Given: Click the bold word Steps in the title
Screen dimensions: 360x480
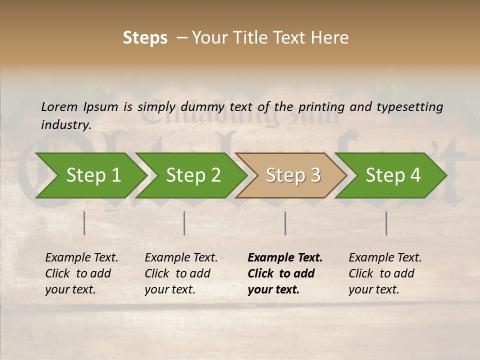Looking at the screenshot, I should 145,38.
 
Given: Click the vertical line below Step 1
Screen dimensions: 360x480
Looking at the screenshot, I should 84,223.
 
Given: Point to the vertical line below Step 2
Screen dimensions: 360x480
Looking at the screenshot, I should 184,223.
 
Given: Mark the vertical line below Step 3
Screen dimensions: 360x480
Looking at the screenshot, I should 285,223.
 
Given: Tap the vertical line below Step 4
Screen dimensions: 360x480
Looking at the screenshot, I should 386,223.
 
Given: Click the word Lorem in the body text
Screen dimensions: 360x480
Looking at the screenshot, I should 59,106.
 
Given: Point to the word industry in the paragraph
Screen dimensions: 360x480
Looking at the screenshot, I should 65,124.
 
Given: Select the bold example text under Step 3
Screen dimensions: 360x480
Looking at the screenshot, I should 284,273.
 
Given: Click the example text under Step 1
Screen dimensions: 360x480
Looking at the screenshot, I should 81,273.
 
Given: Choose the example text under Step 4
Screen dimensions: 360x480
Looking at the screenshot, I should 385,273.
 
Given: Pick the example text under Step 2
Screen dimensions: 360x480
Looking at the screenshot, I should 181,273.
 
